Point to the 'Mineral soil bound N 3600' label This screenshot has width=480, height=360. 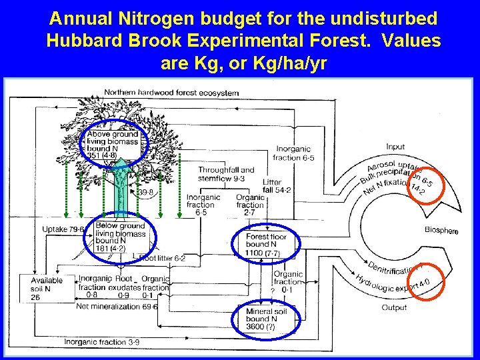[265, 319]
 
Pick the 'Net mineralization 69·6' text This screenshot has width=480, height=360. [117, 307]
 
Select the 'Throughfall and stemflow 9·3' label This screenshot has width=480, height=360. [227, 174]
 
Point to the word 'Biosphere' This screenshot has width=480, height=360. [441, 231]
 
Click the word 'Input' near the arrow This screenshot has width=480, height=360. [395, 147]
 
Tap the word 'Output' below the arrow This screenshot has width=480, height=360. [394, 307]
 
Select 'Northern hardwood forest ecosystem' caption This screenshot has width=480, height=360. [171, 93]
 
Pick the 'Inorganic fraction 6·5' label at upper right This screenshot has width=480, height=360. [295, 153]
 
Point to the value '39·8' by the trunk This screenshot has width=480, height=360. [146, 192]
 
